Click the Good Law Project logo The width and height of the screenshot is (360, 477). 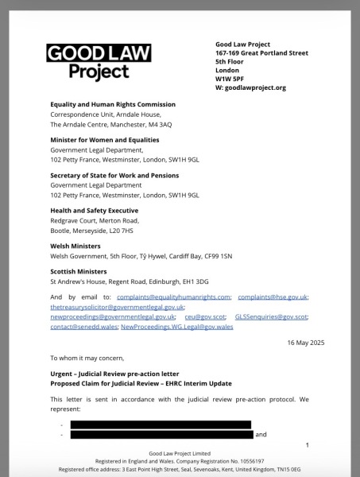click(99, 62)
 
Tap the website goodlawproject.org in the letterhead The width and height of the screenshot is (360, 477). click(256, 87)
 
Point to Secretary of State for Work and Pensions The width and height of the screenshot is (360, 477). click(114, 175)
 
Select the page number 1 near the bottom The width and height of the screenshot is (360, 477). click(307, 445)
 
